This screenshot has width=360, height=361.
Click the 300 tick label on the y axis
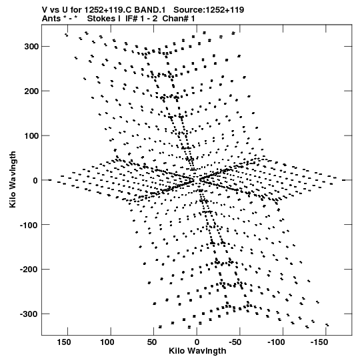[31, 47]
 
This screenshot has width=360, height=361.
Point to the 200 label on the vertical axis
[31, 91]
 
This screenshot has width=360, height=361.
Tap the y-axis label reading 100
[31, 136]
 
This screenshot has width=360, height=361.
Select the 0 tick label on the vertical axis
[35, 180]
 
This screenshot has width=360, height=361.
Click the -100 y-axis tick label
[29, 225]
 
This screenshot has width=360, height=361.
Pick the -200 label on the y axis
[29, 270]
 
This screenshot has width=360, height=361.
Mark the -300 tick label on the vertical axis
[29, 314]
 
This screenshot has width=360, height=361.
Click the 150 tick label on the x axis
[64, 342]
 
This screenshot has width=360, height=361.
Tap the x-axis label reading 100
[107, 342]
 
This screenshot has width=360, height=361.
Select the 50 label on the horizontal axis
[152, 342]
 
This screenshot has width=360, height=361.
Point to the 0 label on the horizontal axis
[197, 342]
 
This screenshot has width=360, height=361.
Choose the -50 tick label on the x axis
[235, 342]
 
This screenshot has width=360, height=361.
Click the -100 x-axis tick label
[276, 342]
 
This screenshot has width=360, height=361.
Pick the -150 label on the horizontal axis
[319, 342]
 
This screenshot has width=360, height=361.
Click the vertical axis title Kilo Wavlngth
[13, 179]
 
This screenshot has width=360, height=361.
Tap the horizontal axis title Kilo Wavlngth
[197, 351]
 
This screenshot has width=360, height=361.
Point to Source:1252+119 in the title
[209, 10]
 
